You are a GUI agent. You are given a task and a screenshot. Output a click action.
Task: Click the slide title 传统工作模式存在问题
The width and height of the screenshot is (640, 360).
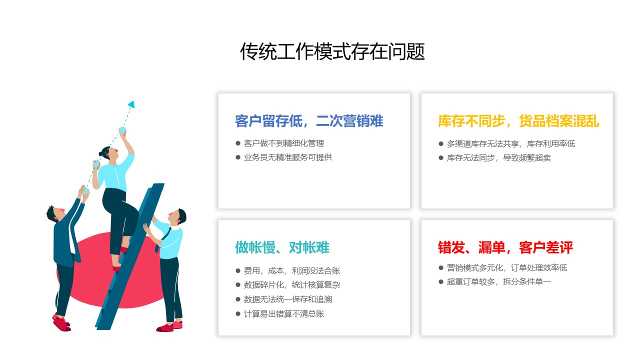(x=332, y=51)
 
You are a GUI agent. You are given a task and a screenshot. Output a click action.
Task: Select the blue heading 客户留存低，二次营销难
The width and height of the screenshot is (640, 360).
(x=309, y=121)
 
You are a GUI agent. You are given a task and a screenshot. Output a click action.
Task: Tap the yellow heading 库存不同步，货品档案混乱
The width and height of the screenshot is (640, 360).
(x=518, y=121)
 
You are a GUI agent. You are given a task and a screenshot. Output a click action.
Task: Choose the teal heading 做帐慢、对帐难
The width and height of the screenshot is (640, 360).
(x=282, y=247)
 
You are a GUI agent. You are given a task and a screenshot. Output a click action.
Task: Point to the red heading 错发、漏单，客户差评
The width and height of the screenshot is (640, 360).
(x=505, y=247)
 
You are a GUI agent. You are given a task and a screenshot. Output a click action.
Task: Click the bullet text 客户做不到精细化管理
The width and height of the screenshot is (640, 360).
(x=283, y=143)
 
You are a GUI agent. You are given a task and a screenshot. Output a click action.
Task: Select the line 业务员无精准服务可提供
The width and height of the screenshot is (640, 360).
(x=287, y=157)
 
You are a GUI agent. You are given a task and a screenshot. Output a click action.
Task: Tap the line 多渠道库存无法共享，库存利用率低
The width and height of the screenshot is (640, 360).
(x=511, y=143)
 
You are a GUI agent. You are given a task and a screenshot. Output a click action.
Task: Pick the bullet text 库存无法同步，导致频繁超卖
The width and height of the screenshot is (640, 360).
(x=499, y=157)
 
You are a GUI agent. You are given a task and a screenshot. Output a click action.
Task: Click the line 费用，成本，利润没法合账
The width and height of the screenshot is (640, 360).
(x=291, y=270)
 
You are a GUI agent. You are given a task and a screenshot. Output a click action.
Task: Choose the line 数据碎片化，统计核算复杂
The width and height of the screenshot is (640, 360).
(x=291, y=285)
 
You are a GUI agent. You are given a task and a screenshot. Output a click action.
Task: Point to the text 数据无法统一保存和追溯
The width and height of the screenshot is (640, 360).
(x=287, y=299)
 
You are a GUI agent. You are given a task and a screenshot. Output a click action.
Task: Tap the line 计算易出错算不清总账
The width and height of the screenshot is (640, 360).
(x=283, y=313)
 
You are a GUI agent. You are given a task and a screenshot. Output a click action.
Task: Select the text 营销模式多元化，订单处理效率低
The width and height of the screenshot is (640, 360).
(x=507, y=267)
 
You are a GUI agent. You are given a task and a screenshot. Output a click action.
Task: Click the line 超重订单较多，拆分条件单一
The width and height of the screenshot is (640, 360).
(x=499, y=281)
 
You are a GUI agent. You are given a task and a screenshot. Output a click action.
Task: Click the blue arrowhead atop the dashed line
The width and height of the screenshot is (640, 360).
(x=131, y=104)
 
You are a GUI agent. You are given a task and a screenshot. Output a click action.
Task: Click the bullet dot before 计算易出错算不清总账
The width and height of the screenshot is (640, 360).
(x=237, y=313)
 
